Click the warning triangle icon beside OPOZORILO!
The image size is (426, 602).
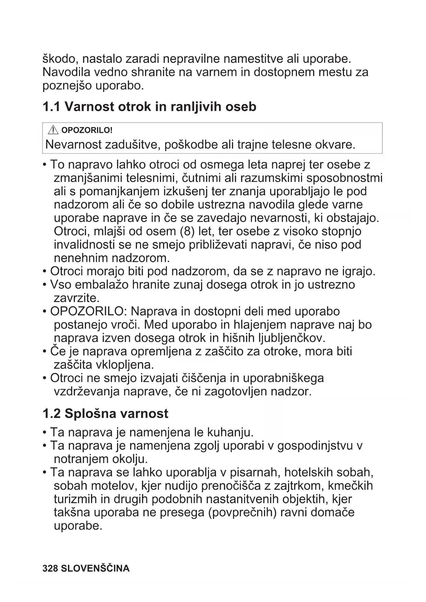(53, 130)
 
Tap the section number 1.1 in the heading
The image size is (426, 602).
(51, 107)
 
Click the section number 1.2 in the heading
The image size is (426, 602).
(51, 414)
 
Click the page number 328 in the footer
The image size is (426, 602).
(50, 568)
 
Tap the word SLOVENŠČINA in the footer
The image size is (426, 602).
(95, 568)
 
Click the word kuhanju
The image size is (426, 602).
(230, 432)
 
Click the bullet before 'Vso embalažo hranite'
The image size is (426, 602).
(45, 285)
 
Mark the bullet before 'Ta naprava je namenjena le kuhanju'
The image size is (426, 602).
(45, 432)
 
